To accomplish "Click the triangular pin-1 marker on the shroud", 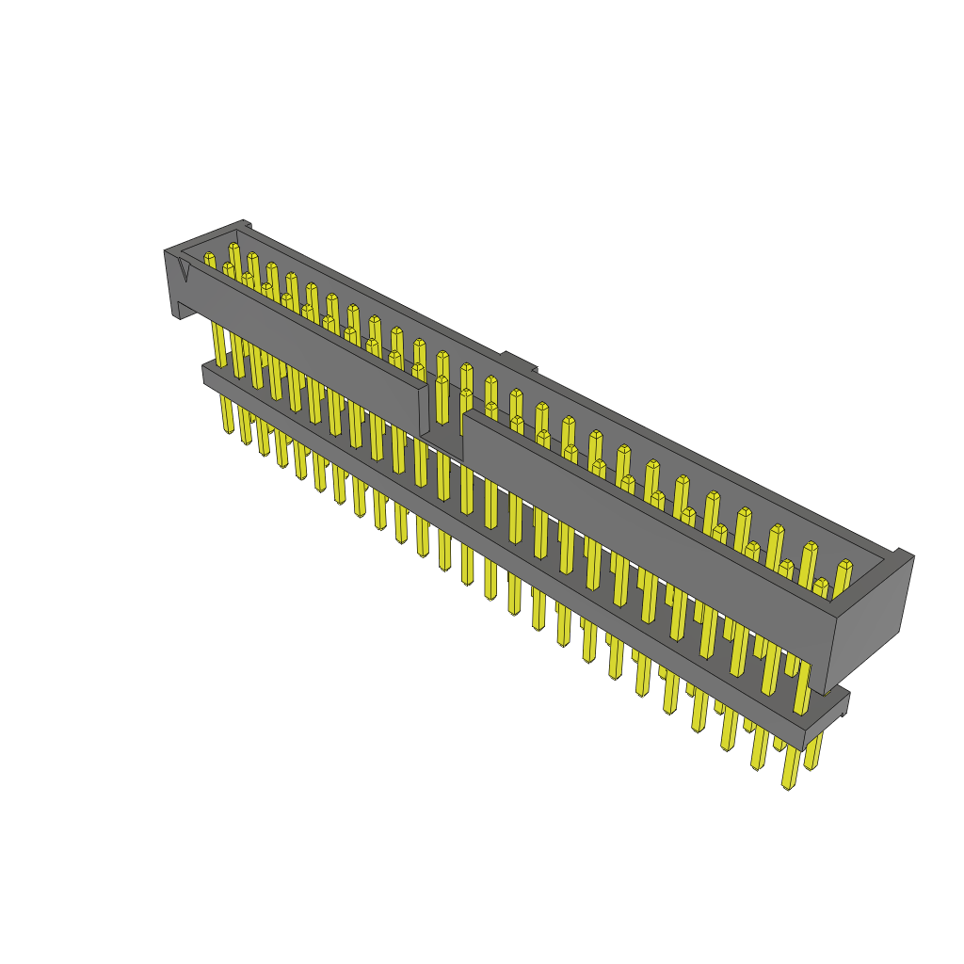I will point(184,270).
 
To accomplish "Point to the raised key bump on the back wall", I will point(517,361).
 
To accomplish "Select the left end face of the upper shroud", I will point(173,282).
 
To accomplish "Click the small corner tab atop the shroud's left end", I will point(245,224).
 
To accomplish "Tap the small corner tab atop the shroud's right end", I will point(903,554).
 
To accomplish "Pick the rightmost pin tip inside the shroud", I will point(844,567).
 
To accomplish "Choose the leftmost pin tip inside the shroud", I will point(209,258).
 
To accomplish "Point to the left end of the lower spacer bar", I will point(207,374).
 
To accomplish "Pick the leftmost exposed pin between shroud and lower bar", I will point(219,345).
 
